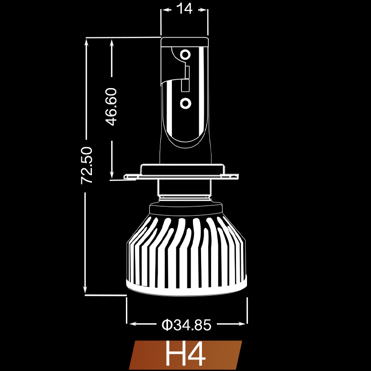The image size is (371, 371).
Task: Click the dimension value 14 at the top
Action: pos(184,9)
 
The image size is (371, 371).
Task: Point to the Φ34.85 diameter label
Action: pos(186,325)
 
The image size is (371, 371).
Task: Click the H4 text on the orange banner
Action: pos(185,355)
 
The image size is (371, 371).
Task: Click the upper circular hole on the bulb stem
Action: pos(186,54)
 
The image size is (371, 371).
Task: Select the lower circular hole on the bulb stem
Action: pos(186,102)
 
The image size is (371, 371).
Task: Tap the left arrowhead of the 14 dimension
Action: pos(164,9)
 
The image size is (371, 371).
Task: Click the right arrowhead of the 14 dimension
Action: pos(205,9)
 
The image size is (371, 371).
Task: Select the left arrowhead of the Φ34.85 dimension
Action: pos(131,324)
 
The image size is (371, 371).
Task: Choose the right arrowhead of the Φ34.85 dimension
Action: pos(243,324)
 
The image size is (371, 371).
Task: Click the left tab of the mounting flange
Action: pos(131,177)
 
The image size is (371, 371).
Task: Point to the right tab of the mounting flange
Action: pos(232,176)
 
